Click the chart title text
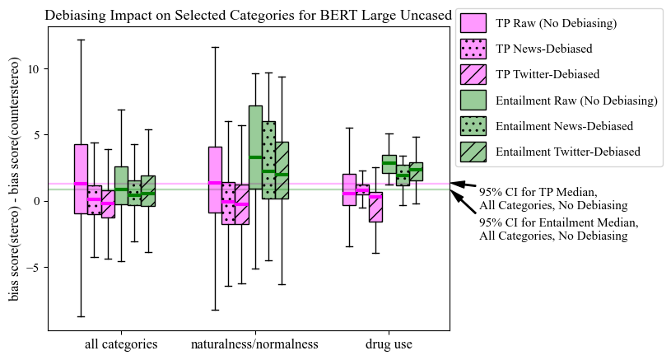[248, 15]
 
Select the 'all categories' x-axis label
[121, 344]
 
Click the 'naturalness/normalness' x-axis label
[254, 344]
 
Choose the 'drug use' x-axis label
[389, 344]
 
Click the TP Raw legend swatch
[473, 23]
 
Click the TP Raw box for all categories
[81, 179]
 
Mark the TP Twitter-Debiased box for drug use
[375, 208]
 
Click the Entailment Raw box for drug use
[389, 164]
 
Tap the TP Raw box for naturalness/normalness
[215, 180]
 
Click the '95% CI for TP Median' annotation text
[538, 199]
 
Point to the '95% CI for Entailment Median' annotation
[558, 229]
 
